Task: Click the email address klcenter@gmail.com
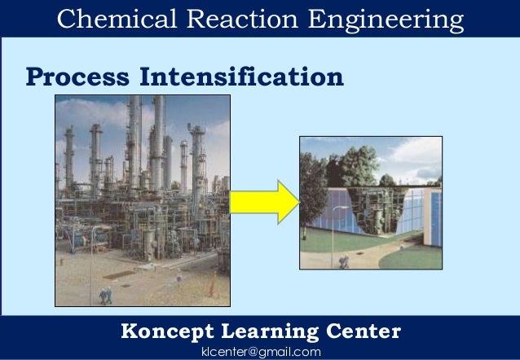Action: (260, 351)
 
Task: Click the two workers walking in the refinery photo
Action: (105, 293)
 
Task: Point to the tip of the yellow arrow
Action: (297, 201)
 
